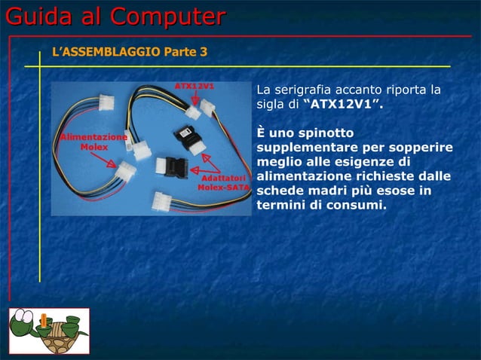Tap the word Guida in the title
click(39, 17)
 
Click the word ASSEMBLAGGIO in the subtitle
click(109, 52)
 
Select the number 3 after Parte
click(203, 52)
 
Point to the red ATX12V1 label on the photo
click(194, 86)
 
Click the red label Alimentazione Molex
click(93, 142)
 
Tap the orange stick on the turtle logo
click(45, 323)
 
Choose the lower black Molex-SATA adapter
click(175, 165)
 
